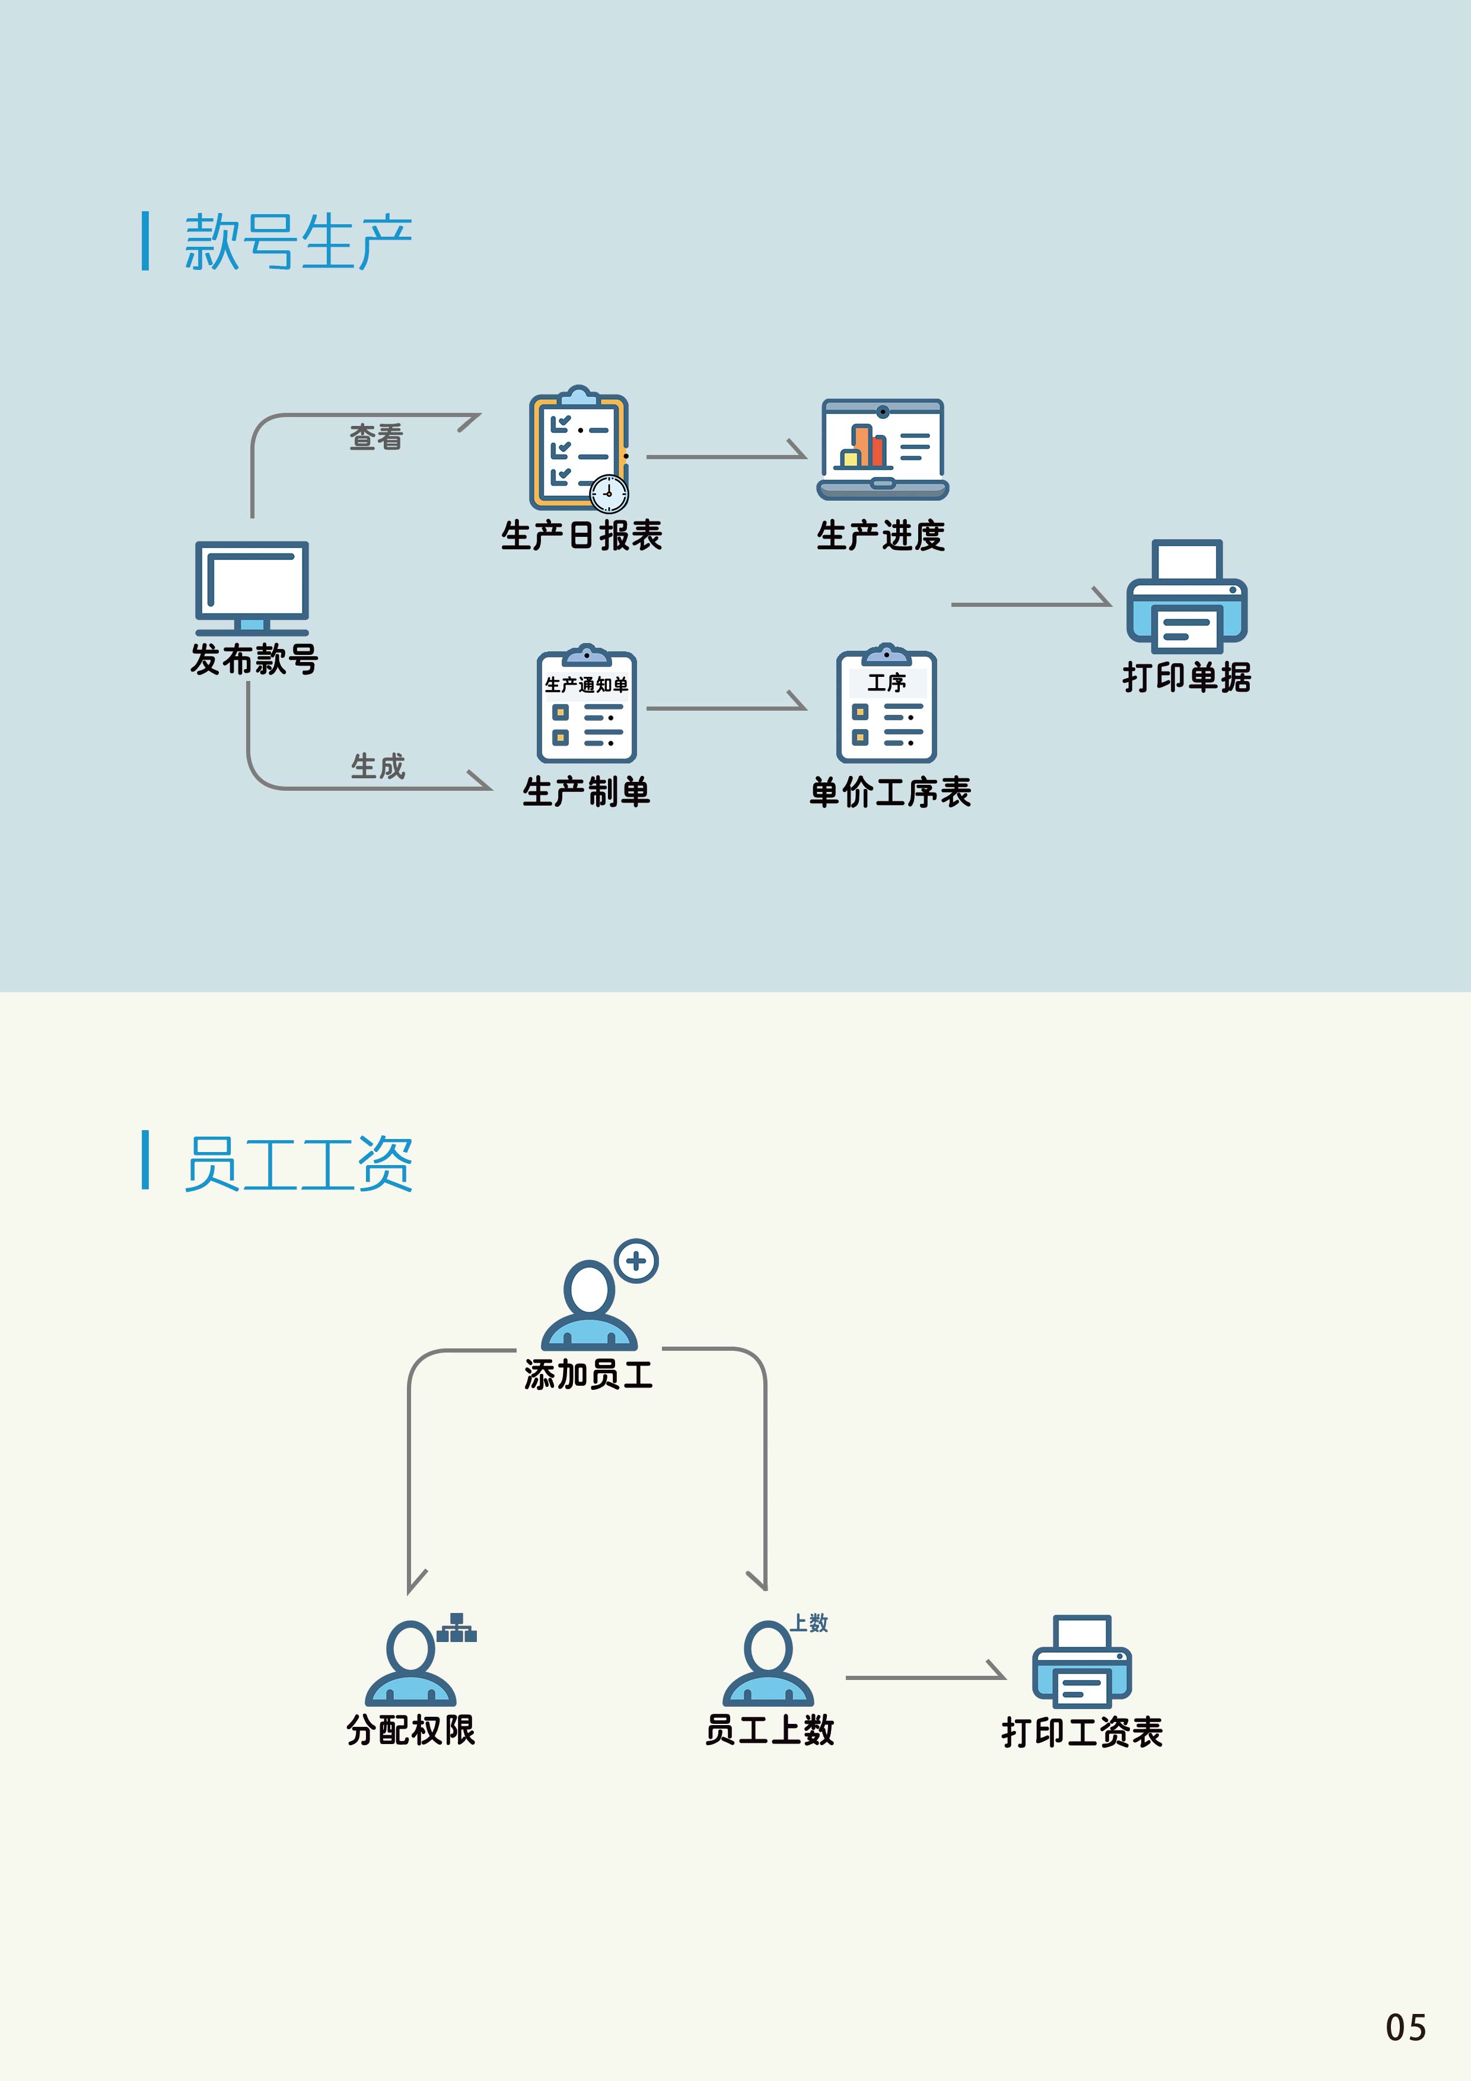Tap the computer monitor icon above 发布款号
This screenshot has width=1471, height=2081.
252,587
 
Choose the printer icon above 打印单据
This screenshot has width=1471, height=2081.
1186,597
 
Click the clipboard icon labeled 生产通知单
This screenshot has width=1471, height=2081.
587,706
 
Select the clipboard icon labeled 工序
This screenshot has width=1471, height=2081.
886,706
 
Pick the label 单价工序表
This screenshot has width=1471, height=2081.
890,792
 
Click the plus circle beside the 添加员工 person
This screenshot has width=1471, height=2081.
636,1261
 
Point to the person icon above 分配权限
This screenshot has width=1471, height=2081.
410,1664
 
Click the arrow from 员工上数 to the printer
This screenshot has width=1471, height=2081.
925,1677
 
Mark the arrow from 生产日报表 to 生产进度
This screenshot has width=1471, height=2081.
725,456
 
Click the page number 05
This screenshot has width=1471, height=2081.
1405,2028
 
